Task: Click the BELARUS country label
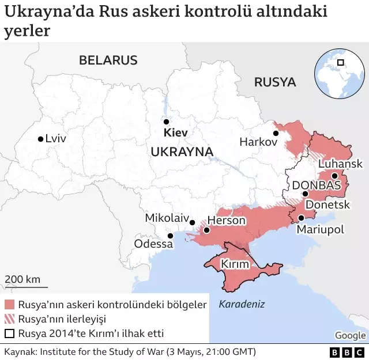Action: [x=108, y=60]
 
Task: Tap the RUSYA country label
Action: [x=275, y=82]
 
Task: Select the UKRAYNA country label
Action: [x=182, y=151]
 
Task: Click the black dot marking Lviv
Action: [x=40, y=139]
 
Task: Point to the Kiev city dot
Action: [x=166, y=122]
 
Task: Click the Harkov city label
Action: [x=258, y=142]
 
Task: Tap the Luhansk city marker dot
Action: [x=334, y=176]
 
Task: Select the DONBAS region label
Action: [x=317, y=185]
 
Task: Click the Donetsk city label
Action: [x=327, y=204]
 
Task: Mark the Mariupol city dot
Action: [x=302, y=218]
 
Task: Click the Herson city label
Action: [x=226, y=220]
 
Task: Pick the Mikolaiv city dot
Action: [x=192, y=222]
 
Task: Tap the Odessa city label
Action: [x=153, y=244]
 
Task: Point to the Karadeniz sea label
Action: [x=242, y=304]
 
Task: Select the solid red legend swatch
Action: [x=9, y=305]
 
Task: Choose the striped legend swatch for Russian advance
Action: [x=9, y=319]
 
